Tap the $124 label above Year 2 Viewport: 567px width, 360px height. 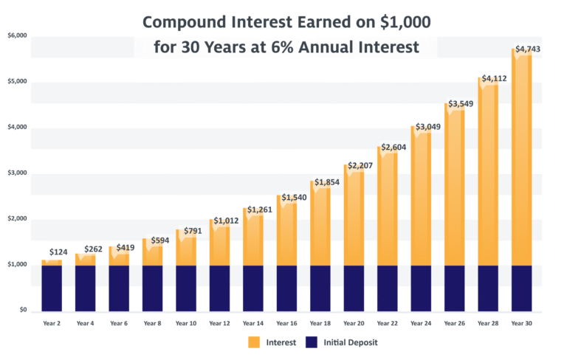coord(58,252)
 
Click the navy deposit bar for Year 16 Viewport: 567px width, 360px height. coord(287,288)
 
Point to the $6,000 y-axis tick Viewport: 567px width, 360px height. coord(16,35)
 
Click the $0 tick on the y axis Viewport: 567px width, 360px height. coord(22,311)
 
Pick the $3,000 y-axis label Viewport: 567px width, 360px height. coord(16,173)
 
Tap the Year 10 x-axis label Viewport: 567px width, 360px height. coord(187,324)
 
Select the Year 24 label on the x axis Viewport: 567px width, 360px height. coord(421,324)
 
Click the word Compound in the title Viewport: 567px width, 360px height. coord(188,22)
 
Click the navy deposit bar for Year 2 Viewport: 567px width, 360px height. coord(52,288)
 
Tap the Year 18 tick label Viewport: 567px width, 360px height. coord(320,324)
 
